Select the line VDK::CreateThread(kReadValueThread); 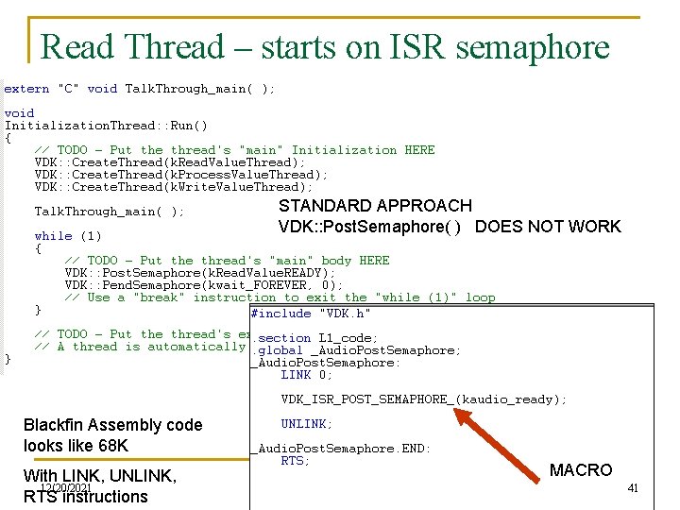coord(170,162)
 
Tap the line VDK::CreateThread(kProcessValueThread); coord(181,175)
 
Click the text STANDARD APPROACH coord(375,206)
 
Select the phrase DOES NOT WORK coord(548,227)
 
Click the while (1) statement coord(67,236)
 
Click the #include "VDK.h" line coord(311,314)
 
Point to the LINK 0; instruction coord(307,375)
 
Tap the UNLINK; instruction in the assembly coord(306,424)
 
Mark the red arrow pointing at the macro coord(510,436)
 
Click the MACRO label coord(581,470)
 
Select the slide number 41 coord(633,488)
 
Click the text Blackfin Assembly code coord(112,425)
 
